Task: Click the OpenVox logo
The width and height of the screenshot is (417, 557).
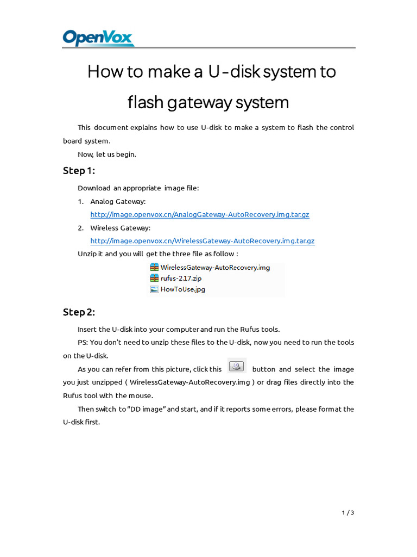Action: tap(98, 38)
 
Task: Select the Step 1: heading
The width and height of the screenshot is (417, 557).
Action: tap(79, 171)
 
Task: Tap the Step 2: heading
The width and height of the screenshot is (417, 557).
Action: tap(79, 312)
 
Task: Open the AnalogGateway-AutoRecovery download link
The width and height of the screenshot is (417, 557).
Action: tap(200, 215)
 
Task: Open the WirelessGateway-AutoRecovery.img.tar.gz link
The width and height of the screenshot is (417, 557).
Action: tap(202, 241)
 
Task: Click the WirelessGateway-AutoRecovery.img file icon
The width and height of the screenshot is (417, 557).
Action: tap(154, 268)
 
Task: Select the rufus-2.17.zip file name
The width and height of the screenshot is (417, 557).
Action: tap(181, 278)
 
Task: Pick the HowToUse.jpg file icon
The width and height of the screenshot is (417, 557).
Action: tap(154, 289)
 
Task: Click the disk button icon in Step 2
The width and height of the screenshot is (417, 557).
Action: tap(237, 366)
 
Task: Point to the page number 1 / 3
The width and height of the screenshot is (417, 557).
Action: tap(347, 512)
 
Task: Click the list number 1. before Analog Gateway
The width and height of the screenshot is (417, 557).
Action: tap(80, 202)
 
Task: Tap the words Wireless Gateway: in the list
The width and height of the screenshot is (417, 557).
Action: tap(120, 228)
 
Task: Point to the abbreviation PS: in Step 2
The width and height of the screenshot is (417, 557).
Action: tap(83, 343)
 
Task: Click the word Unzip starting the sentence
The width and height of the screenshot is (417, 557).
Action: tap(87, 254)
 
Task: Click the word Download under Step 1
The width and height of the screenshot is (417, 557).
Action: tap(94, 188)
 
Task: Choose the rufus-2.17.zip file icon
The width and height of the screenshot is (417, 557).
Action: tap(154, 278)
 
